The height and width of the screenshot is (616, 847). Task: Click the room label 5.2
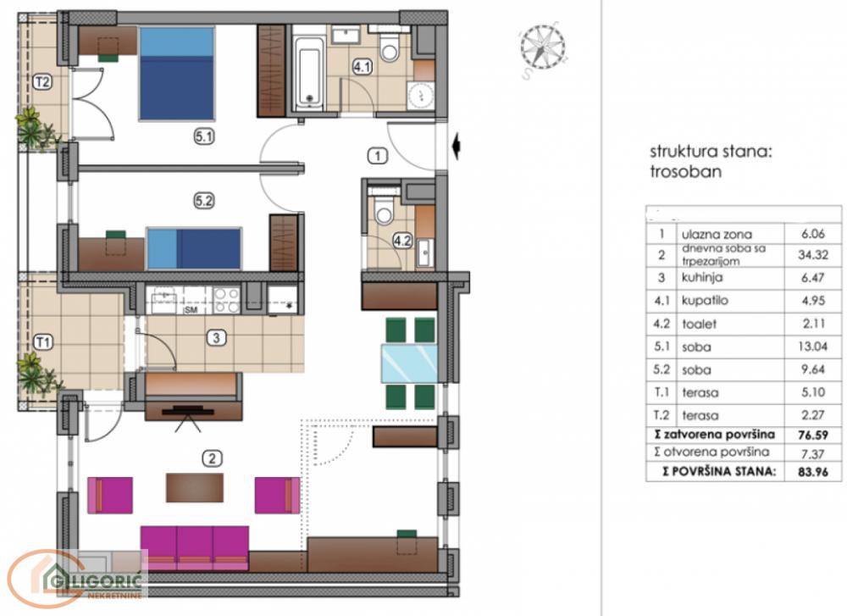tap(204, 201)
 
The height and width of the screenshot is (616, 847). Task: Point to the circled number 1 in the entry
tap(377, 155)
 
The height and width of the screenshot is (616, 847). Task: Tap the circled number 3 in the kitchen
tap(218, 338)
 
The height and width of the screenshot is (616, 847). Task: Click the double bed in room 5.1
tap(176, 74)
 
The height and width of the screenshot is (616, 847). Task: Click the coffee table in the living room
tap(196, 487)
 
